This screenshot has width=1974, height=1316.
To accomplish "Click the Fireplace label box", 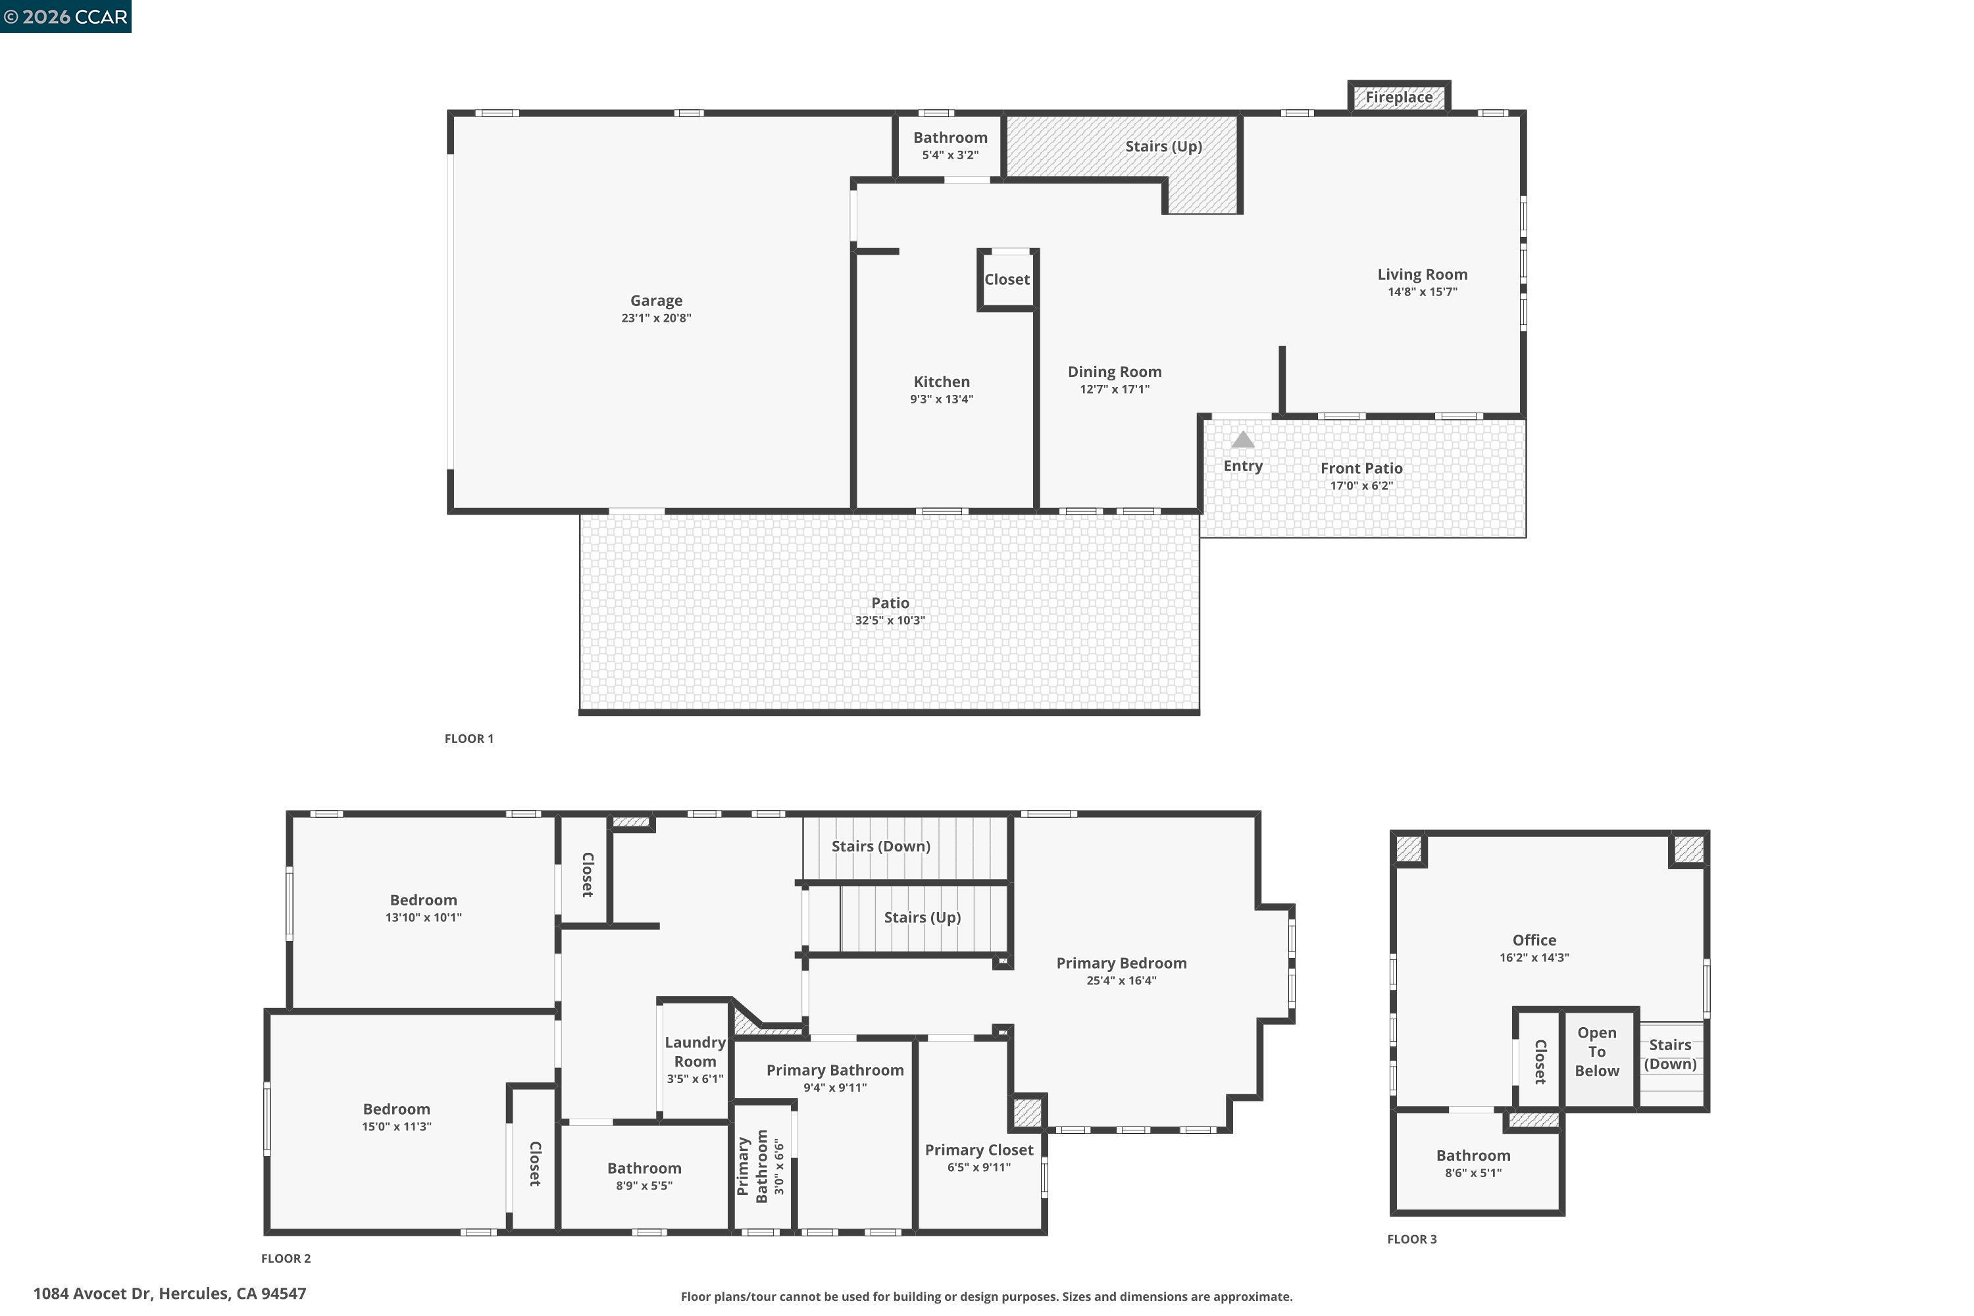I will pos(1398,97).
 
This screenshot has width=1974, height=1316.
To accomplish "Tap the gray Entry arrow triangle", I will pos(1242,440).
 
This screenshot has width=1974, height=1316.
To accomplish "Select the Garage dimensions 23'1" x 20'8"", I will pos(655,318).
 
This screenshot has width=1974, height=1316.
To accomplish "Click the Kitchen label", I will pos(941,382).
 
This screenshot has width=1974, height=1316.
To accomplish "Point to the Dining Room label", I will pos(1114,372).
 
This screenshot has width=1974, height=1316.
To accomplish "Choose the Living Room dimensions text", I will pos(1422,292).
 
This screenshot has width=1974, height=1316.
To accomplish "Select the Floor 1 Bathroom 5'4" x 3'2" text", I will pos(950,155).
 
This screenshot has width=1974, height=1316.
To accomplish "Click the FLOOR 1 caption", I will pos(468,738).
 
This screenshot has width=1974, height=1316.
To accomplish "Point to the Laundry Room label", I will pos(695,1051).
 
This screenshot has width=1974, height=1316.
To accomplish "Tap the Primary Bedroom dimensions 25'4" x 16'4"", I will pos(1121,980).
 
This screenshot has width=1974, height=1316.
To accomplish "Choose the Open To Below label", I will pos(1596,1051).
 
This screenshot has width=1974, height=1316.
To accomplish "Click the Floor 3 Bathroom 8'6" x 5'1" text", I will pos(1473,1173).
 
